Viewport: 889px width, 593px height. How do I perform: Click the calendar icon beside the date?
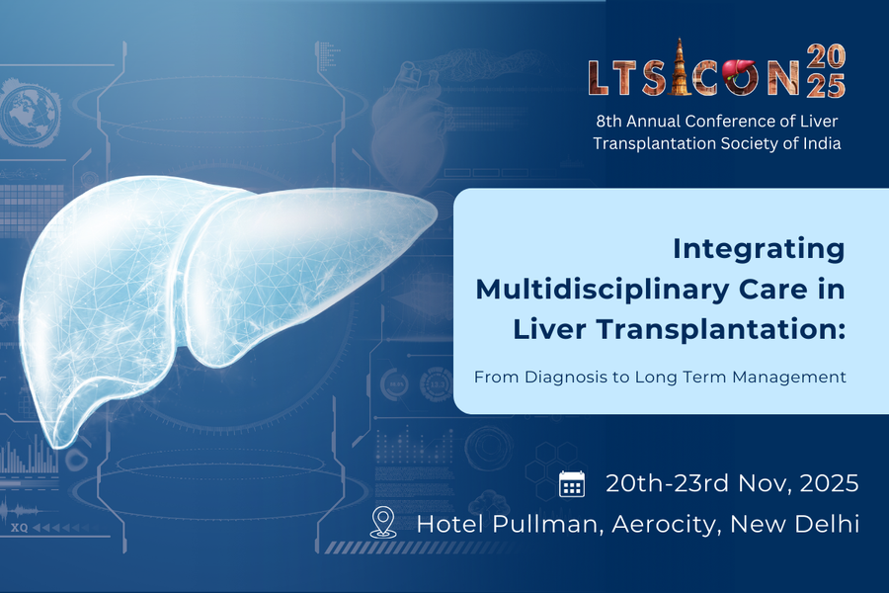click(572, 484)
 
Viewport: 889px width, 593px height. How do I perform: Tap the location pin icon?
click(382, 522)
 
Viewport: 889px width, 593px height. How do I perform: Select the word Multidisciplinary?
click(603, 290)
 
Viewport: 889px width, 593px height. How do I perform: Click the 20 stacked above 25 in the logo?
click(826, 56)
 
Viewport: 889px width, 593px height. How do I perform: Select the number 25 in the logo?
click(826, 86)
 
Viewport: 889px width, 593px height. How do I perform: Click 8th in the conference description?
click(608, 122)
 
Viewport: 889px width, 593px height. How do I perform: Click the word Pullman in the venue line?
click(545, 524)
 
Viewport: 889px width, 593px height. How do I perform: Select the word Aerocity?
click(664, 525)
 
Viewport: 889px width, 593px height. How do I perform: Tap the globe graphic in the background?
click(30, 112)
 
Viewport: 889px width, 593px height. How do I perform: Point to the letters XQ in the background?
click(20, 528)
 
